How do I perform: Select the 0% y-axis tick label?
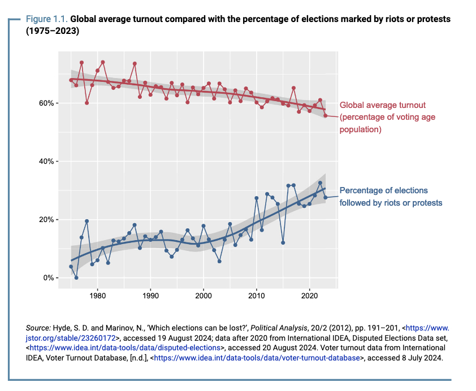tap(49, 278)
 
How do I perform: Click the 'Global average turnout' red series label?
tap(382, 105)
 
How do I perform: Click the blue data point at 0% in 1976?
tap(76, 277)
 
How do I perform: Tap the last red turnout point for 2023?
tap(326, 115)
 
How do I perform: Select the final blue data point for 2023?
tap(326, 197)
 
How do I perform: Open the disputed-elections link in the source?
tap(126, 347)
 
